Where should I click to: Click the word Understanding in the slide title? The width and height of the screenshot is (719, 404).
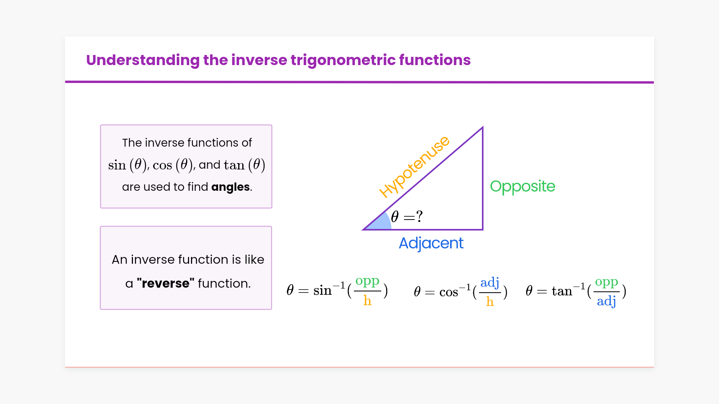[x=143, y=60]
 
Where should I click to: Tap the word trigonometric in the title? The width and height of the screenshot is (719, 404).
[x=343, y=60]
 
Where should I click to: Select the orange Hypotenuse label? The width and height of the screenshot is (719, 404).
[x=414, y=166]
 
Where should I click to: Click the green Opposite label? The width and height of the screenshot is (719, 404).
[x=522, y=186]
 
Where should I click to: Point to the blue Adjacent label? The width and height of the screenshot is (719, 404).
[x=431, y=244]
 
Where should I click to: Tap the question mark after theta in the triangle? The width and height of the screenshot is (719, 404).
[x=419, y=216]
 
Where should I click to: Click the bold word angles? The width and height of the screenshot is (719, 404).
[x=230, y=187]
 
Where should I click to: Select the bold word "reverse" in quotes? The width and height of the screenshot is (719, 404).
[x=166, y=283]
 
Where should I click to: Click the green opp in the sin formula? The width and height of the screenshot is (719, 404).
[x=367, y=281]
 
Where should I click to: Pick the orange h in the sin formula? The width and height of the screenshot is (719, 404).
[x=367, y=300]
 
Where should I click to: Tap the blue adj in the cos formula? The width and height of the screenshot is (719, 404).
[x=490, y=283]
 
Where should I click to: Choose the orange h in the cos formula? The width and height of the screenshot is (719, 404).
[x=490, y=301]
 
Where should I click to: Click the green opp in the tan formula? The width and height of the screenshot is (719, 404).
[x=607, y=282]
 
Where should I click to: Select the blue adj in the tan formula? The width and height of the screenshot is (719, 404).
[x=607, y=301]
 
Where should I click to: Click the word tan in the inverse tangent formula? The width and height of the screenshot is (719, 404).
[x=562, y=291]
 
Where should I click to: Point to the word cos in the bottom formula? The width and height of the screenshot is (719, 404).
[x=449, y=292]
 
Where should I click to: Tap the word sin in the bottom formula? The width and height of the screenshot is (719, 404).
[x=322, y=290]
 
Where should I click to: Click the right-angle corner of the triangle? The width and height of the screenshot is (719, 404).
[x=483, y=229]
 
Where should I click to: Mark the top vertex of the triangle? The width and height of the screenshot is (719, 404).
[x=483, y=128]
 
